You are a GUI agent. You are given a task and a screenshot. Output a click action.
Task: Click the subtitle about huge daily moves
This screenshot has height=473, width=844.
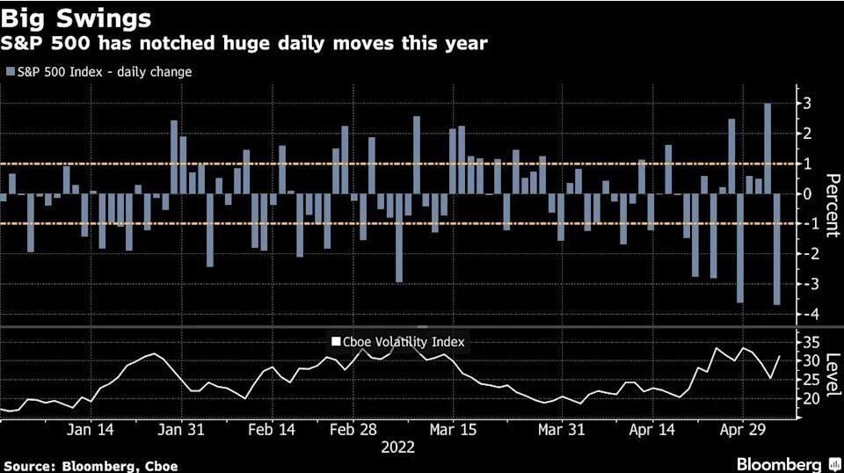pos(244,43)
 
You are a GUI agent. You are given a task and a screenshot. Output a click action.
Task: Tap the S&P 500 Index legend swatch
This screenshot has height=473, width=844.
pos(11,71)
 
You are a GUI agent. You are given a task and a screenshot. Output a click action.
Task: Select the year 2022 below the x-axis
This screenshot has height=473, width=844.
pos(397,448)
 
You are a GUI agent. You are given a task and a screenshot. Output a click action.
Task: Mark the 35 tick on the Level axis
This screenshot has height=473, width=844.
pos(812,341)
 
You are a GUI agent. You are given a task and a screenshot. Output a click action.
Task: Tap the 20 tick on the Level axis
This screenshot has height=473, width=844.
pos(812,398)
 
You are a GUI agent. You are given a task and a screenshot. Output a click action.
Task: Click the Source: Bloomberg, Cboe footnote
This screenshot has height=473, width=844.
pos(91,464)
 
